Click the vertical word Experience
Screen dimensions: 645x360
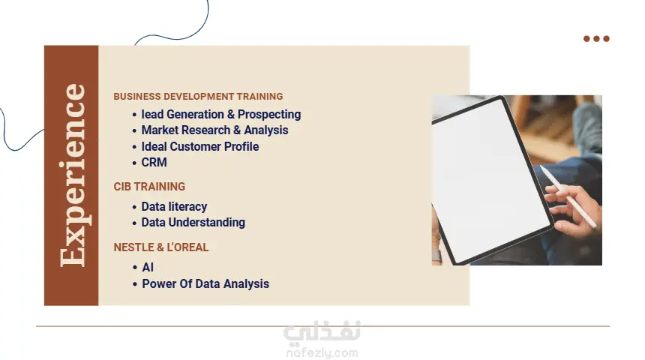click(73, 175)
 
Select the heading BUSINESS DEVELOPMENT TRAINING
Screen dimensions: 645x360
click(198, 96)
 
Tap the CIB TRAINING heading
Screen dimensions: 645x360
click(149, 187)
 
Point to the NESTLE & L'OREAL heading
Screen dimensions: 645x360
click(161, 247)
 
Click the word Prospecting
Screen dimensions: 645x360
click(269, 115)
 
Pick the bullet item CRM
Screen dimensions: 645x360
click(154, 163)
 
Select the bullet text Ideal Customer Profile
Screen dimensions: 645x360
click(200, 146)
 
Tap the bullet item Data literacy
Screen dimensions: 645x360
click(174, 206)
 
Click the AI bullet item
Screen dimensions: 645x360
click(148, 268)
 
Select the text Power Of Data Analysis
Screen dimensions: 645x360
click(205, 284)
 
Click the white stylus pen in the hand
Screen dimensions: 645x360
click(568, 196)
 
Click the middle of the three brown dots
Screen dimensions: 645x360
click(596, 39)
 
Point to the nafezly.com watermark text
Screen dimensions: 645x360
click(322, 353)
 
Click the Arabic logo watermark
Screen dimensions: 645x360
click(322, 332)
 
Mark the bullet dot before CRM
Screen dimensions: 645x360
click(134, 163)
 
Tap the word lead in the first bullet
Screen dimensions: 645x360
click(152, 115)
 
